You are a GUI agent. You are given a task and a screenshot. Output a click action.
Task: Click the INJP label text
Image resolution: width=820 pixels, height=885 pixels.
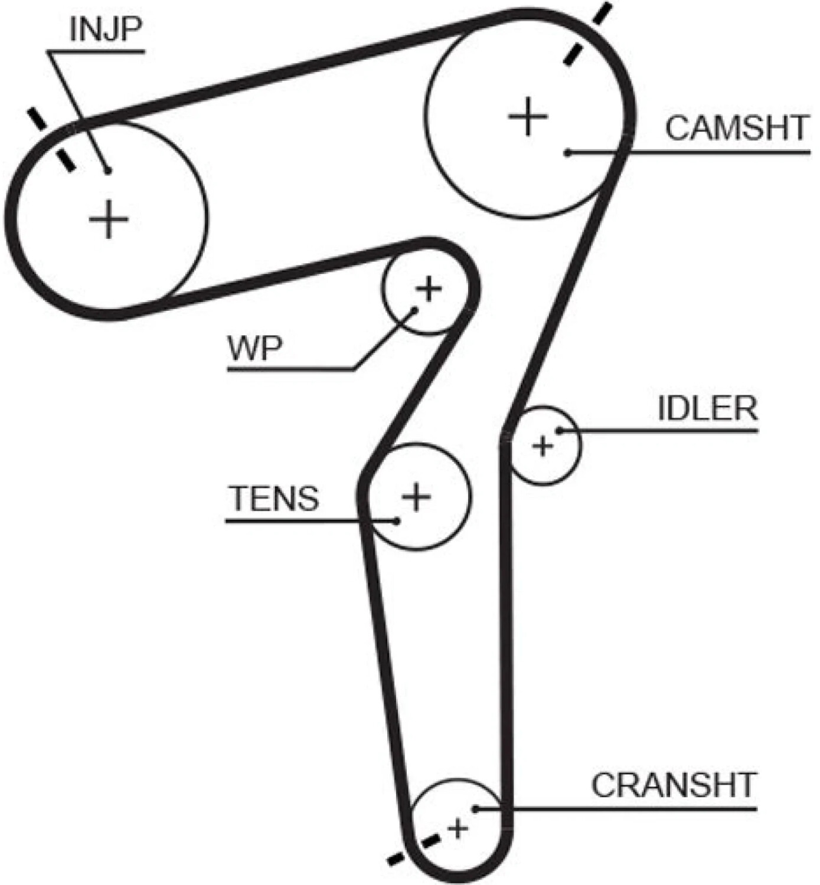106,30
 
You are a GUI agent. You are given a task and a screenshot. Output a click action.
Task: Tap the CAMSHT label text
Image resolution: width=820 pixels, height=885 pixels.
736,127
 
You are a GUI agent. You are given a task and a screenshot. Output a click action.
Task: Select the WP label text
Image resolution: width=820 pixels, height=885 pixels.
255,348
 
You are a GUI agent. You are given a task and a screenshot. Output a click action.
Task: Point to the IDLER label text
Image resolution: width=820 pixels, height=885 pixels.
708,408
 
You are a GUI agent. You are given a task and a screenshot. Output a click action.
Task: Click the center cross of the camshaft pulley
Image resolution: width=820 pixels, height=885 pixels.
528,117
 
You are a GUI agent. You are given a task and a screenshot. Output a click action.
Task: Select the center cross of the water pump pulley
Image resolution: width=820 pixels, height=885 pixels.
429,289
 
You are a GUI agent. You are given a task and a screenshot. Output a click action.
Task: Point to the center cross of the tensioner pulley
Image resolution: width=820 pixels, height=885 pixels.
416,496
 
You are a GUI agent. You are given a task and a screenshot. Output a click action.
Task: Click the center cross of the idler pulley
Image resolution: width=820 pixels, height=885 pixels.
543,445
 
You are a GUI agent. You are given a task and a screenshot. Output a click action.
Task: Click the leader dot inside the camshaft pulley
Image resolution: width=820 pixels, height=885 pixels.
567,153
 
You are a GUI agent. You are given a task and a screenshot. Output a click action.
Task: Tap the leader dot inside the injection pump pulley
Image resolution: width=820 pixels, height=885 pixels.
108,171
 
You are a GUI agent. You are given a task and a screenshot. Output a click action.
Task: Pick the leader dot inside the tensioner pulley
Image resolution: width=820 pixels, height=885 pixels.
396,520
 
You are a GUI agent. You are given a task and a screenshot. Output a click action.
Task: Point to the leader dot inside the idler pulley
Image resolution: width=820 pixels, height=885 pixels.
558,431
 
